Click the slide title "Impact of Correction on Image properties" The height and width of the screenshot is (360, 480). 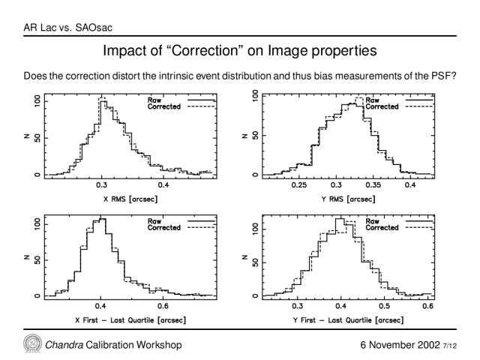point(240,51)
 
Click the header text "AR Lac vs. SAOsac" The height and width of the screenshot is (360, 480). point(68,28)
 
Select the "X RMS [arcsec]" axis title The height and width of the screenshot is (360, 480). point(130,199)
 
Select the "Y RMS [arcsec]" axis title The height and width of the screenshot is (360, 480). point(348,199)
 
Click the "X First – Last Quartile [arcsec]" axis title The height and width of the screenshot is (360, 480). point(130,320)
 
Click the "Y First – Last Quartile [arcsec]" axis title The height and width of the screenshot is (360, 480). point(348,320)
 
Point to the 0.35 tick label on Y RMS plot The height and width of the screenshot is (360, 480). point(373,185)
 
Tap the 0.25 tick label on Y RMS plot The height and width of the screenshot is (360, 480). point(298,185)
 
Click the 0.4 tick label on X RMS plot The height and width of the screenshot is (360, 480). point(163,185)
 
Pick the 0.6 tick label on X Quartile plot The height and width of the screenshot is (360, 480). point(163,306)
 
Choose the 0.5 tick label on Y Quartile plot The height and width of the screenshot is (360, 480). point(384,306)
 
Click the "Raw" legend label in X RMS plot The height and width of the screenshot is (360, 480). point(154,100)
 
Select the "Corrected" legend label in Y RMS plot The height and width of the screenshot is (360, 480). point(382,106)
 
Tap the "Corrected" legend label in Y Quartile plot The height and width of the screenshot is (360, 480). point(382,227)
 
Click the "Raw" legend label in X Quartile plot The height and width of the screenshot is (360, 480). point(154,221)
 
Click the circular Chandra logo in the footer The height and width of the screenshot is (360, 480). point(33,343)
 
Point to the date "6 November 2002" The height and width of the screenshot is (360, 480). point(400,345)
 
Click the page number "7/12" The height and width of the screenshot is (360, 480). point(450,346)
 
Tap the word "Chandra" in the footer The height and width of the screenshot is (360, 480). point(64,345)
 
